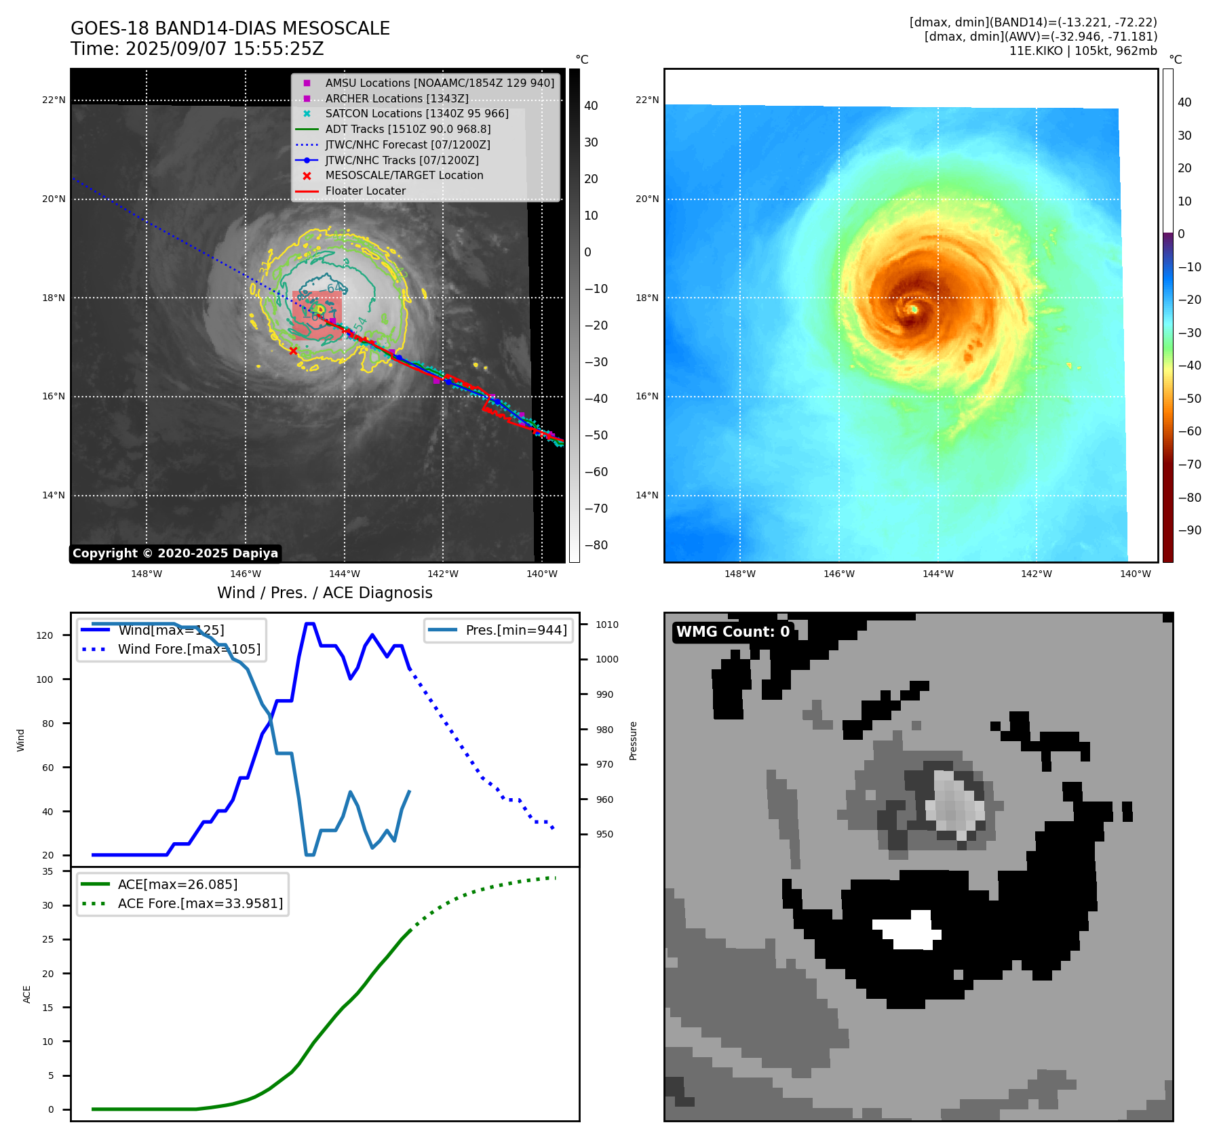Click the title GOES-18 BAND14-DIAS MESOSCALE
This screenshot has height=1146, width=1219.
click(230, 28)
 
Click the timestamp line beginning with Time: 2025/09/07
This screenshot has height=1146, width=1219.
click(197, 49)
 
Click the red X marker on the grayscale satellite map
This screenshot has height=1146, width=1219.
click(293, 351)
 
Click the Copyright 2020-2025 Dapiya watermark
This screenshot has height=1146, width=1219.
click(175, 553)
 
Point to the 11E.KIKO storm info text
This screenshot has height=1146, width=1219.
click(1083, 51)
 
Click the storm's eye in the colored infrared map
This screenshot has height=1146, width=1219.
click(914, 309)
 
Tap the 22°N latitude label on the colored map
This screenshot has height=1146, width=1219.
click(646, 100)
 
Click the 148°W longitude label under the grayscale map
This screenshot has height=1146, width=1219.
click(147, 574)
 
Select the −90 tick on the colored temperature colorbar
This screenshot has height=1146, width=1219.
click(1189, 530)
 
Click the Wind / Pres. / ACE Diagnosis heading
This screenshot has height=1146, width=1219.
click(324, 593)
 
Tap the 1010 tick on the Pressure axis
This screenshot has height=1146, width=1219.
click(607, 625)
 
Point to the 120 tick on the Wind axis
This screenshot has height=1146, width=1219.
click(44, 635)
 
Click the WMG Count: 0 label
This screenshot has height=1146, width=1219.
click(733, 632)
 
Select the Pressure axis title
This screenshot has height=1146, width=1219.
click(633, 740)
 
